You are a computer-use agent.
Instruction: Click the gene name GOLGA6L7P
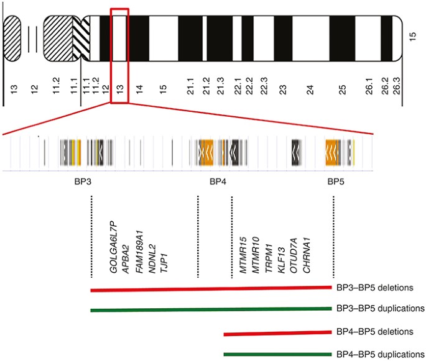pos(113,247)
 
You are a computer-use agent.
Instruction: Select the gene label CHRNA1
pos(307,255)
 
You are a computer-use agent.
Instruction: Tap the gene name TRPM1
pos(269,258)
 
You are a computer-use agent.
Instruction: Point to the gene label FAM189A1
pos(139,252)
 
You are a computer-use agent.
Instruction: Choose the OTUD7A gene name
pos(294,255)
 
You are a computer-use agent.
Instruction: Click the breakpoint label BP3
pos(83,181)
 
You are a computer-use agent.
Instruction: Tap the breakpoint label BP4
pos(218,181)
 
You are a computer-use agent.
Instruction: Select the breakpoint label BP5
pos(336,181)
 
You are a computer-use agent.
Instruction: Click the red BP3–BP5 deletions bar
pos(211,289)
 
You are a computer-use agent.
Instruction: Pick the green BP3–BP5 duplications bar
pos(211,309)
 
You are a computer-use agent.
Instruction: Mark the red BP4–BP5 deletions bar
pos(277,333)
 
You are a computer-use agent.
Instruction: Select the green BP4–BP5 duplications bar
pos(277,354)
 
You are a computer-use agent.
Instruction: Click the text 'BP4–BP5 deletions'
pos(375,332)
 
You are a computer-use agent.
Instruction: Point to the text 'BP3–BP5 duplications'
pos(381,309)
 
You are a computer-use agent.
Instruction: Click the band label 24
pos(310,89)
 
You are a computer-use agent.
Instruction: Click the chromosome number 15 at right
pos(412,37)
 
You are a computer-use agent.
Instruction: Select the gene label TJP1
pos(164,263)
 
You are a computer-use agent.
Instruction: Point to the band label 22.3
pos(264,86)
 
